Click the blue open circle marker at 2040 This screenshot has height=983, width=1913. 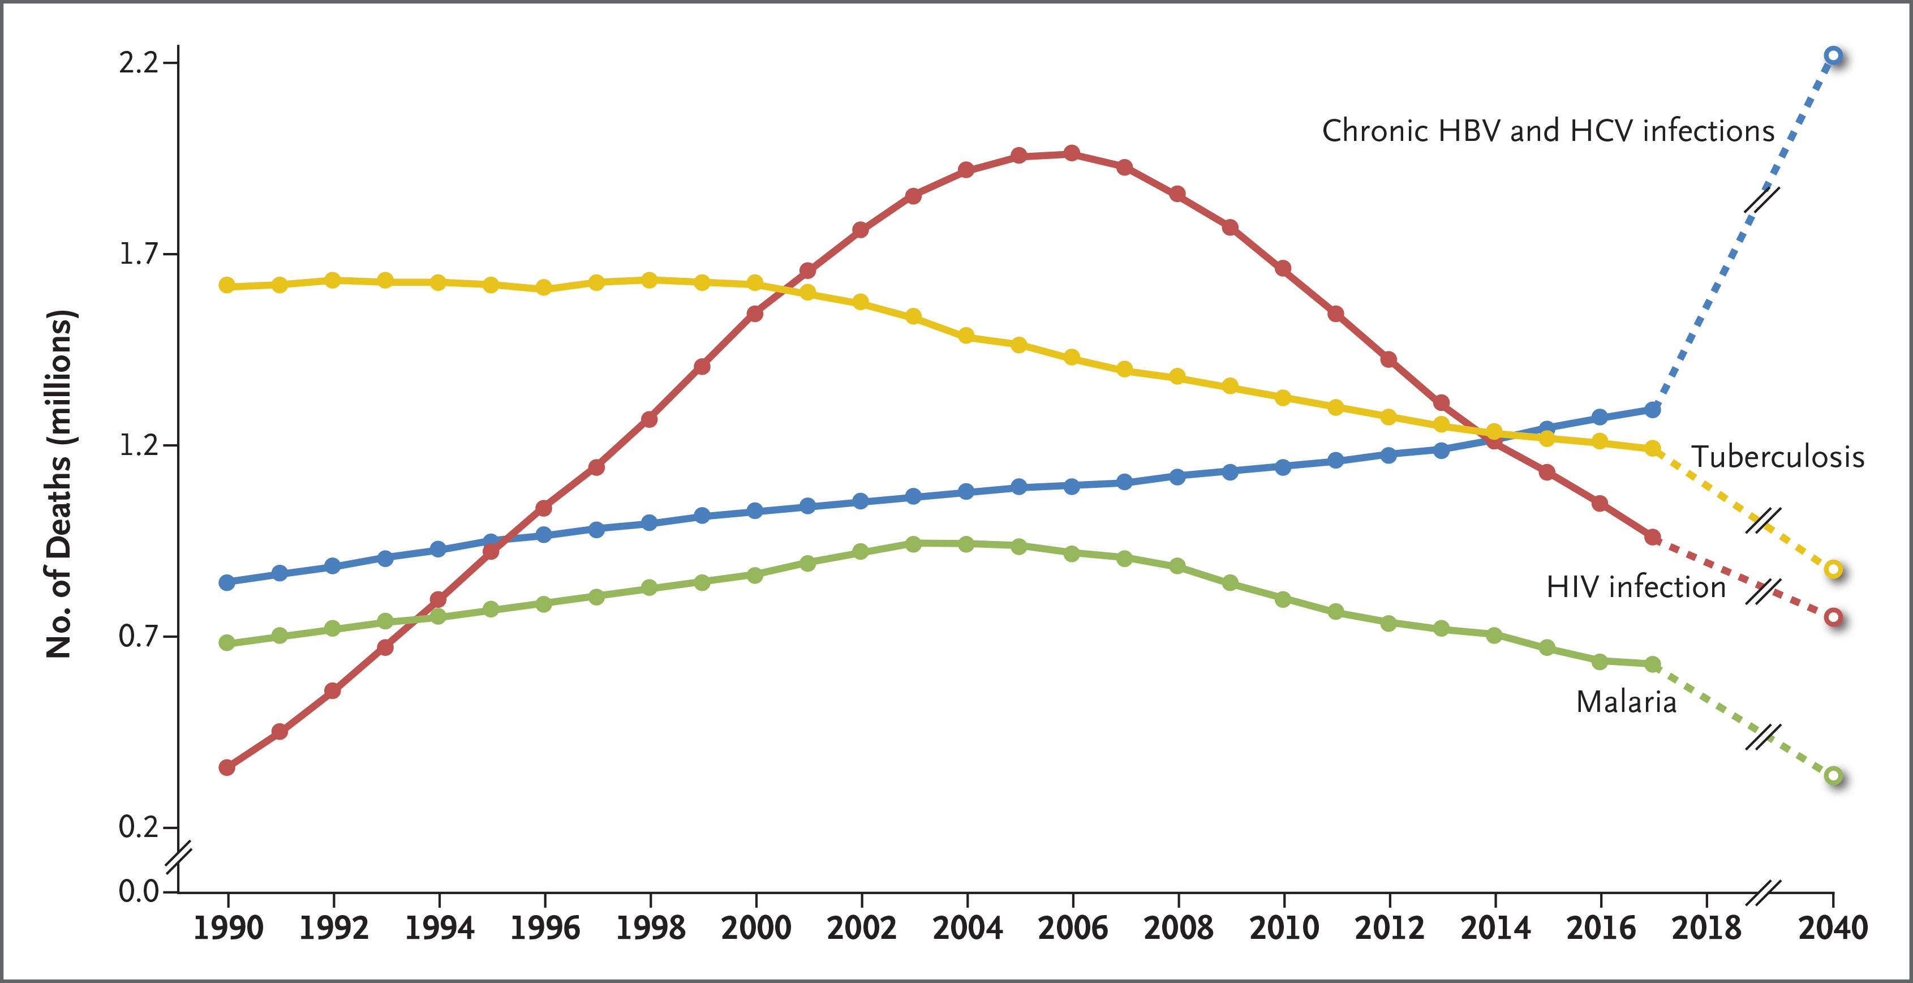tap(1833, 55)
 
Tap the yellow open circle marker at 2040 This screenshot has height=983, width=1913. tap(1833, 570)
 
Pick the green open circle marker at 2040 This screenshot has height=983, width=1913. tap(1833, 776)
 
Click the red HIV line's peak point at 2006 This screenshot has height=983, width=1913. tap(1072, 153)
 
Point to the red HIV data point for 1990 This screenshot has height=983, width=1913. tap(227, 767)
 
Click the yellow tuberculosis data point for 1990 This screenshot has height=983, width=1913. tap(227, 285)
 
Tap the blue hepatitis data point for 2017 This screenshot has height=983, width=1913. tap(1652, 409)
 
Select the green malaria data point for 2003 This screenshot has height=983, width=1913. tap(913, 544)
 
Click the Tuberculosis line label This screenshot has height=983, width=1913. tap(1777, 457)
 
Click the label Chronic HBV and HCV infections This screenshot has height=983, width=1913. tap(1547, 131)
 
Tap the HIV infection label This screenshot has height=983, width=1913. tap(1635, 587)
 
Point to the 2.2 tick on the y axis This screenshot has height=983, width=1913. tap(140, 62)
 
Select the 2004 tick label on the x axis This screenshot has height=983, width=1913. tap(967, 928)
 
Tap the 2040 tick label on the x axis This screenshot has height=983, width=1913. tap(1833, 928)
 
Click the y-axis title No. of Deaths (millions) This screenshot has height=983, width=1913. tap(59, 483)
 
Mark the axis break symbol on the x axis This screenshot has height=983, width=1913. tap(1763, 892)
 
